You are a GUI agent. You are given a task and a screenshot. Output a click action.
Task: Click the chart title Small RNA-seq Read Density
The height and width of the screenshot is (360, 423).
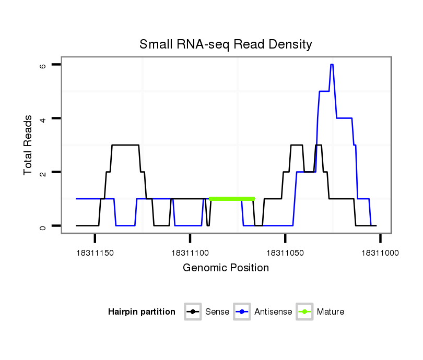coord(226,44)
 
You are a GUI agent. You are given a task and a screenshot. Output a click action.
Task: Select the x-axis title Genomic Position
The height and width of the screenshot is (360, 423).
coord(226,268)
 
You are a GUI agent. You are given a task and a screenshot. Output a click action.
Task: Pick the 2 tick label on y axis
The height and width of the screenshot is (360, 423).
coord(44,172)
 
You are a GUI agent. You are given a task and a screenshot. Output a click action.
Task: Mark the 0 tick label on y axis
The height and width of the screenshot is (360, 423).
coord(44,226)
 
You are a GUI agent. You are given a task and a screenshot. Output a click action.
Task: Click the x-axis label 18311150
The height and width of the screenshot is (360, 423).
coord(95,253)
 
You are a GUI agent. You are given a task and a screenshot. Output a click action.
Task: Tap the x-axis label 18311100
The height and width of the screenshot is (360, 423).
coord(190,253)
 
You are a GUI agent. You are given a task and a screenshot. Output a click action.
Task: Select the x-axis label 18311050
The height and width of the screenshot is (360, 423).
coord(285,253)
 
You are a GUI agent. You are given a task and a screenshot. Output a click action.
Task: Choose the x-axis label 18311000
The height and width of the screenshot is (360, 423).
coord(380,253)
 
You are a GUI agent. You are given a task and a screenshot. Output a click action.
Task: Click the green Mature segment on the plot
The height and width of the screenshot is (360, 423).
coord(231,199)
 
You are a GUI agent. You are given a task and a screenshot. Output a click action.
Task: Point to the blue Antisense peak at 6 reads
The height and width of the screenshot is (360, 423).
coord(332,65)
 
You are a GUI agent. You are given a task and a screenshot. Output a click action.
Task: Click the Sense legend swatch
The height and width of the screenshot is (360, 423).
coord(193,312)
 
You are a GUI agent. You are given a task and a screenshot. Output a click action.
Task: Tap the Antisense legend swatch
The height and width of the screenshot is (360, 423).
coord(242,312)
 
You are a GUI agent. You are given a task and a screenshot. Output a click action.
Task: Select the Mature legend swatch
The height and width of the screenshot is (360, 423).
coord(304,312)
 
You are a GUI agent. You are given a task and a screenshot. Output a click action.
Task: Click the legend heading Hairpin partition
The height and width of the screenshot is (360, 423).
coord(142,312)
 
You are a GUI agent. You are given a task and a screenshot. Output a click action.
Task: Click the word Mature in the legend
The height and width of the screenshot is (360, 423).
coord(331,312)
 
